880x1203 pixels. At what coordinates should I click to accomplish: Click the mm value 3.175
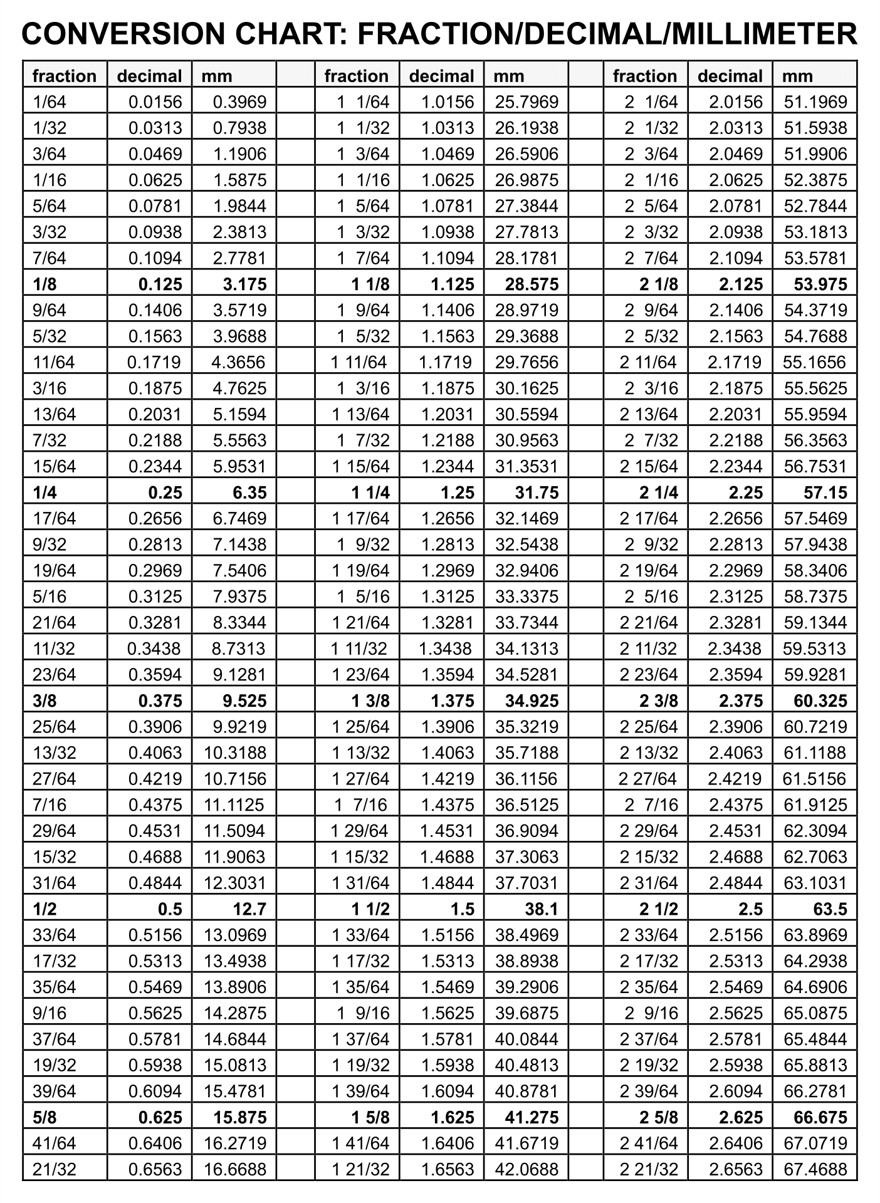[x=244, y=284]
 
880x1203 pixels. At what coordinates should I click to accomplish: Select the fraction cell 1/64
[x=50, y=102]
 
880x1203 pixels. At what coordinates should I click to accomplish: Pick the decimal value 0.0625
[x=155, y=180]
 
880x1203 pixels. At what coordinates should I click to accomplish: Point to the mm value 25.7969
[x=526, y=102]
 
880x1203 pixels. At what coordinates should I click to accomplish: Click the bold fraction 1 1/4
[x=370, y=493]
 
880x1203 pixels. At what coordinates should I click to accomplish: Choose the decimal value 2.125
[x=741, y=284]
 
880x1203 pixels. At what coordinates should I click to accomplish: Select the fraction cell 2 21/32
[x=649, y=1169]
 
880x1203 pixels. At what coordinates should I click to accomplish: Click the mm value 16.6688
[x=235, y=1169]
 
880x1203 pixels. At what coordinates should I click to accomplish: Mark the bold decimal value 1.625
[x=453, y=1117]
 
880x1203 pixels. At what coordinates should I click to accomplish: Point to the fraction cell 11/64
[x=54, y=362]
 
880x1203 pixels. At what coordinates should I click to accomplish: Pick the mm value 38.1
[x=542, y=909]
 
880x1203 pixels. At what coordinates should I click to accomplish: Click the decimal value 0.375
[x=160, y=701]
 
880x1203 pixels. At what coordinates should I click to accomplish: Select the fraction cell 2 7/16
[x=651, y=805]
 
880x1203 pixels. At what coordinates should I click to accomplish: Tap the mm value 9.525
[x=244, y=701]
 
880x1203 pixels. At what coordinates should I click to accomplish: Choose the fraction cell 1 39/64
[x=360, y=1091]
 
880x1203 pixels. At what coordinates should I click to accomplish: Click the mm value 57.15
[x=825, y=493]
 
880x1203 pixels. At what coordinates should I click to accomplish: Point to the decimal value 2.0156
[x=736, y=102]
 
